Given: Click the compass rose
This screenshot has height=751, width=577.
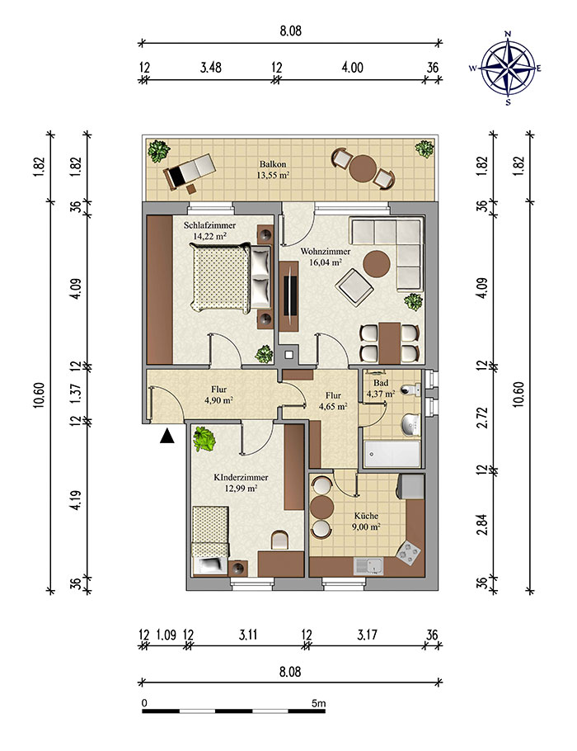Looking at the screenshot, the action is [x=508, y=68].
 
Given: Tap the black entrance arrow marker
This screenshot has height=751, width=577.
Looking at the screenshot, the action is [x=167, y=436].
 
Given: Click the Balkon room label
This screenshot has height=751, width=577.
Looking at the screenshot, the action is [x=273, y=164].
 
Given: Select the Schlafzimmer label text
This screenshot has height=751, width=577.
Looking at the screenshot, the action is [x=209, y=225].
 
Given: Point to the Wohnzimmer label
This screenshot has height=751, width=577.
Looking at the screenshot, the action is [x=326, y=252].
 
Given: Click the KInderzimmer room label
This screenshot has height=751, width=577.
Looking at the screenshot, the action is [x=241, y=478].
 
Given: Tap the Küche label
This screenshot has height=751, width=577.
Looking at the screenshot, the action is [x=367, y=516].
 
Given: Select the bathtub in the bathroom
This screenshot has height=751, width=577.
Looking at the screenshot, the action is [x=392, y=454].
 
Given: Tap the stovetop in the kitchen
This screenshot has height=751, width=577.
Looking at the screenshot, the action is [x=408, y=552].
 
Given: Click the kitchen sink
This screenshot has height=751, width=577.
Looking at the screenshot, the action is [x=369, y=566].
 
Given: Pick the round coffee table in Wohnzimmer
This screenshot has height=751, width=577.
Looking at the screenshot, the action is [x=377, y=264].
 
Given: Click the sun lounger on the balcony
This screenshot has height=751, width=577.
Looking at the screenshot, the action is [x=190, y=172].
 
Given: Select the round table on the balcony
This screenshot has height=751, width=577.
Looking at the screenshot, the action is [x=362, y=168].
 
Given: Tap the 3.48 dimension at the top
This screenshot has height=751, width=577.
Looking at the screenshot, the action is [x=211, y=67].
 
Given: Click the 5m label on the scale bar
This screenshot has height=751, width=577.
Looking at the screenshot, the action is [x=319, y=704].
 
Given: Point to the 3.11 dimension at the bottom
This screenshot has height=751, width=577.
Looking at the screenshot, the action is [x=248, y=635].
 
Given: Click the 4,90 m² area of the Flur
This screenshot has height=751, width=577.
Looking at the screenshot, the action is [x=218, y=400].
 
